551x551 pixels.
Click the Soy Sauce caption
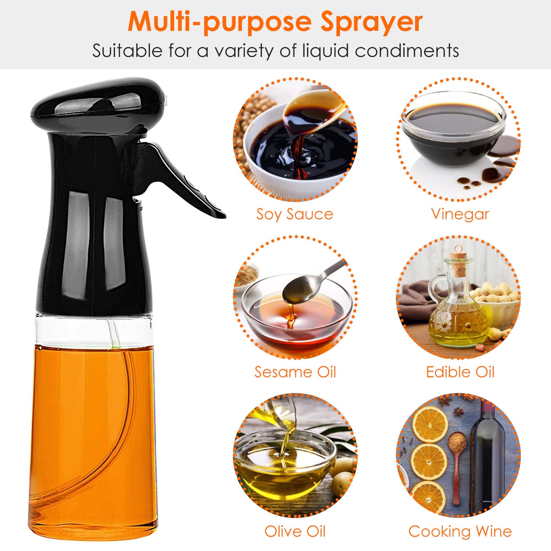(x=294, y=214)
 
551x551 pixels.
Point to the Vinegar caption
(x=460, y=214)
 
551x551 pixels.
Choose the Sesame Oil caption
(x=295, y=372)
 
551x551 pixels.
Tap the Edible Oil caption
(x=460, y=372)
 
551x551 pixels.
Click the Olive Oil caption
(x=295, y=532)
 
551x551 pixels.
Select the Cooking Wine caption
(x=460, y=532)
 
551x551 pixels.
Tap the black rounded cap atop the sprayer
(x=99, y=106)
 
